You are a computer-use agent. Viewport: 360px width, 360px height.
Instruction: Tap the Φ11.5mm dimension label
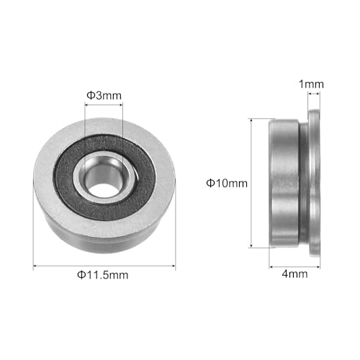click(105, 275)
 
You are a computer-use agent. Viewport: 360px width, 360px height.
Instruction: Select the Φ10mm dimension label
click(227, 183)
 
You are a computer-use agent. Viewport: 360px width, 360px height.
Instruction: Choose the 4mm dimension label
click(292, 274)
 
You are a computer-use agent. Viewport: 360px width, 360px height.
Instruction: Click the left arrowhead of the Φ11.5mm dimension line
click(36, 266)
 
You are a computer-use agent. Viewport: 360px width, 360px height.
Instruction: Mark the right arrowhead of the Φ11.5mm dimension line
click(173, 266)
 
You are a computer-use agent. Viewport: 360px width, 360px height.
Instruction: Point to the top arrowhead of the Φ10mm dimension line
click(251, 121)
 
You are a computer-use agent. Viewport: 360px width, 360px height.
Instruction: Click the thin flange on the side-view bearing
click(314, 184)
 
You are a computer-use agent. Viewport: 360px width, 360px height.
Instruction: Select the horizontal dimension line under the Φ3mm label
click(104, 105)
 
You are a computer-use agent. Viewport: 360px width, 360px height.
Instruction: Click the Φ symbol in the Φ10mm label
click(210, 183)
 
